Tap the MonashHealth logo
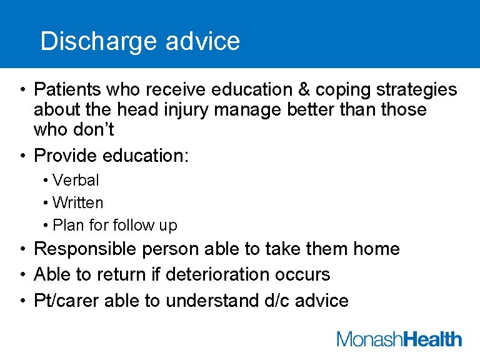pyautogui.click(x=399, y=339)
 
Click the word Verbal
pyautogui.click(x=76, y=180)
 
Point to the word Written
pyautogui.click(x=78, y=202)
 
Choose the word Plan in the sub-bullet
pyautogui.click(x=67, y=225)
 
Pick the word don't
pyautogui.click(x=95, y=129)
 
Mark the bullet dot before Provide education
pyautogui.click(x=22, y=156)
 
